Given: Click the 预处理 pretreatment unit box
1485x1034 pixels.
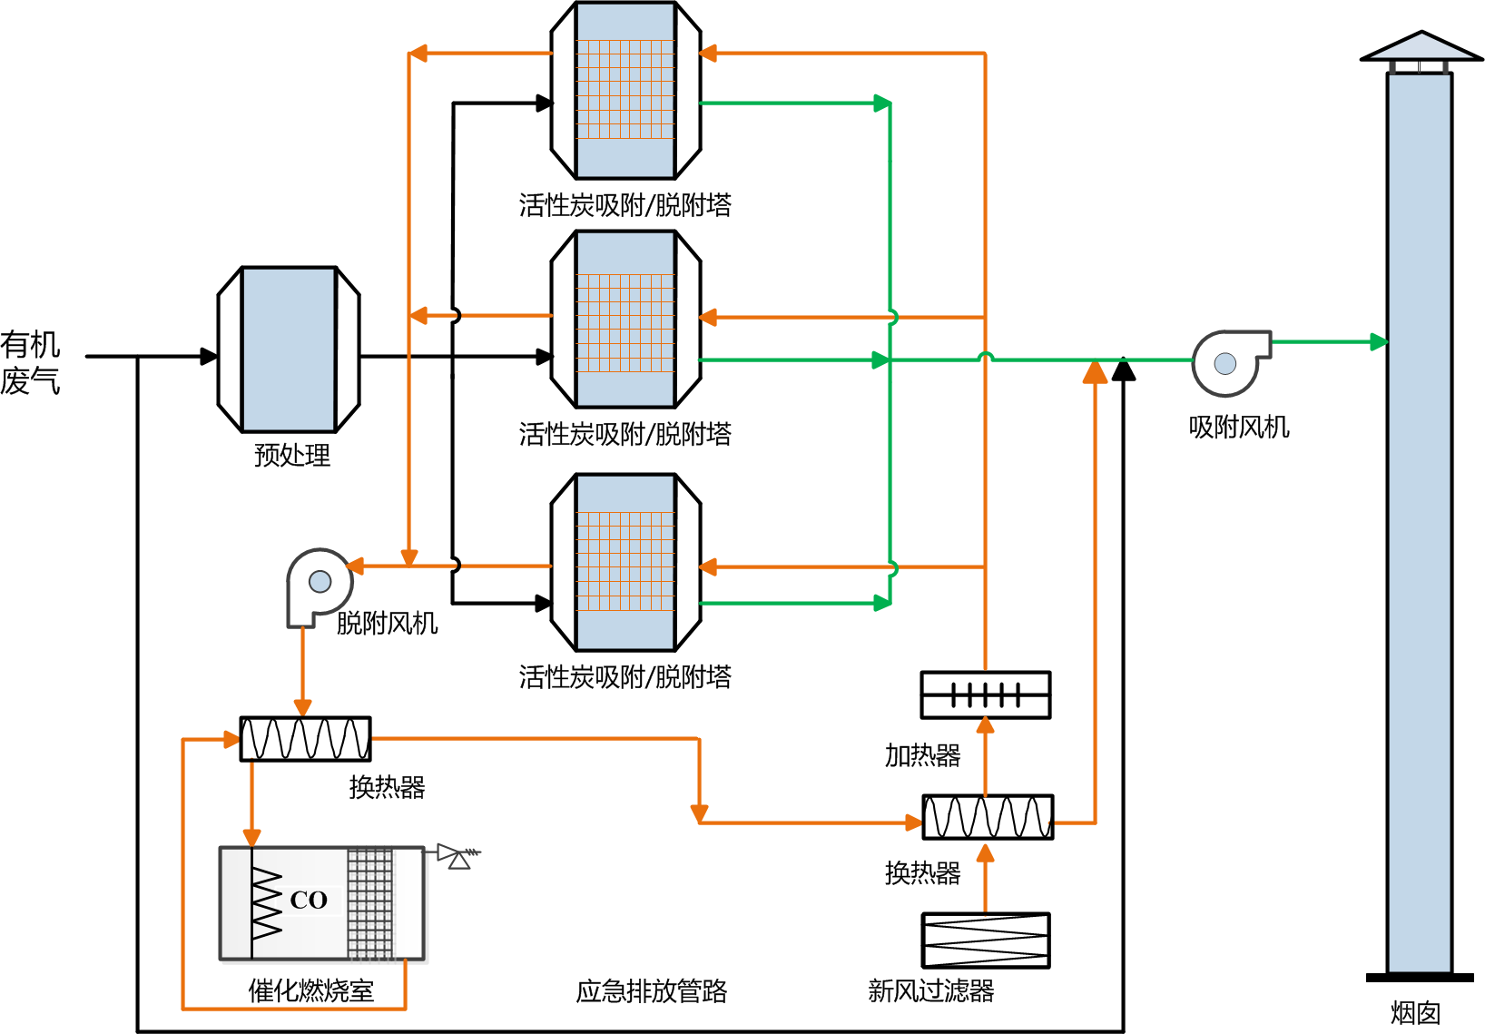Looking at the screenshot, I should tap(289, 350).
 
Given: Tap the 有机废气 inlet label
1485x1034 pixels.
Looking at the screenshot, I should tap(30, 362).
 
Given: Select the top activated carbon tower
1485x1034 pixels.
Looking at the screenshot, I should tap(625, 91).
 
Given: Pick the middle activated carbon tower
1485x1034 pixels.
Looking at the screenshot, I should tap(625, 320).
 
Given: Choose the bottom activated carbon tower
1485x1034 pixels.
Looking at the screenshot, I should tap(625, 562).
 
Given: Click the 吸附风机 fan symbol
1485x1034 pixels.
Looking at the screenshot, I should tap(1227, 362).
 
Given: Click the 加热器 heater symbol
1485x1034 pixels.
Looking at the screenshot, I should tap(986, 695).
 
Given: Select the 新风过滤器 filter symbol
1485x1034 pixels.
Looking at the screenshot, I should tap(986, 940).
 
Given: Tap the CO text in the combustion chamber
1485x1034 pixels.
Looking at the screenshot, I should tap(309, 901).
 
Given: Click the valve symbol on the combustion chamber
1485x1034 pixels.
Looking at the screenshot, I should tap(457, 856).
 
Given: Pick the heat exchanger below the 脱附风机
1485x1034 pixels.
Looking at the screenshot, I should tap(305, 739).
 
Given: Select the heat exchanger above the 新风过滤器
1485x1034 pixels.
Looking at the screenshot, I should tap(988, 817).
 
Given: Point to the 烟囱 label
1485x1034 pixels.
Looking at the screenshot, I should tap(1416, 1013).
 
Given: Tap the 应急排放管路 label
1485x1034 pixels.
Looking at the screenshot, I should tap(652, 991).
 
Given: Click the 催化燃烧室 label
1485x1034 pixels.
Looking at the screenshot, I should tap(311, 990).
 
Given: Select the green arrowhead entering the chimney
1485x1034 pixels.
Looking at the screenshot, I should tap(1379, 342).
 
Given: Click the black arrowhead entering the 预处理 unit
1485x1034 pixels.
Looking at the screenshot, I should tap(209, 357).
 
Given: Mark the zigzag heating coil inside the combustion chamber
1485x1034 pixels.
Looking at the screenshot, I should tap(267, 902).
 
